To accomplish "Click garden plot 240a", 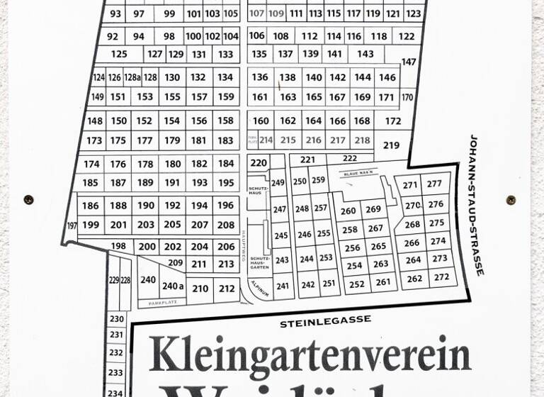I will click(x=173, y=286).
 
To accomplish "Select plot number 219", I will click(x=391, y=145).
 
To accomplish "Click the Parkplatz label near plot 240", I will click(x=161, y=303).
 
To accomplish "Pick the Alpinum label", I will click(x=259, y=290).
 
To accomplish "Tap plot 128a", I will click(x=132, y=77).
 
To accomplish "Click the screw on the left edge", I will click(x=28, y=200).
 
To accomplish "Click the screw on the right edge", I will click(x=511, y=200).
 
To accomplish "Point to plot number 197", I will click(x=72, y=225).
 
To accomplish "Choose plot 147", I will click(x=409, y=62).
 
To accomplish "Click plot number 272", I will click(x=441, y=277).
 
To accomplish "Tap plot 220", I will click(x=259, y=163).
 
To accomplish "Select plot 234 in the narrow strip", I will click(x=115, y=392).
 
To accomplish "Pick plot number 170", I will click(x=407, y=97).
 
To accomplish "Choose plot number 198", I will click(x=118, y=246).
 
